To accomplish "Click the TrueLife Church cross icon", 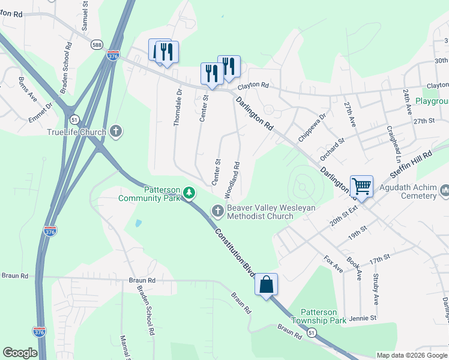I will pos(116,131).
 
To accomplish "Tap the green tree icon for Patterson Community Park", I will pos(189,193).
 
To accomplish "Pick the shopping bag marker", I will pos(266,284).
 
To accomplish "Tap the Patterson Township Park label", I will pos(323,316).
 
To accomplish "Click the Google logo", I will pos(20,353).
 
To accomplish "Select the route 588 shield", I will pos(96,45).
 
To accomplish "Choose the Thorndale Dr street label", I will pos(177,107).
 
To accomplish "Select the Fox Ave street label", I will pos(333,264).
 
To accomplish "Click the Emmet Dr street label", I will pos(41,112).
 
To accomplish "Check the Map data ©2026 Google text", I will pos(412,355).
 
